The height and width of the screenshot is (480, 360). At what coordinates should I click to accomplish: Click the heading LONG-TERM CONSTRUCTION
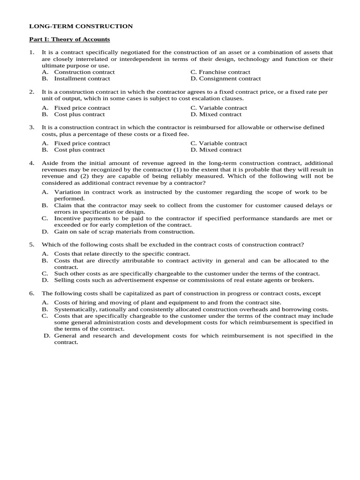click(x=81, y=26)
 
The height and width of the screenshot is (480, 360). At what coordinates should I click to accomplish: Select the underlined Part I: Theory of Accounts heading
click(x=69, y=39)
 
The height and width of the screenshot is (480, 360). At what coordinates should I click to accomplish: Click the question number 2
click(x=31, y=92)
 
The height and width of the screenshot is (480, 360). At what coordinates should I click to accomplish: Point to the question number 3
click(x=31, y=127)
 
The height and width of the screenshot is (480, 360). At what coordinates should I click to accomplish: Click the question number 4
click(x=31, y=163)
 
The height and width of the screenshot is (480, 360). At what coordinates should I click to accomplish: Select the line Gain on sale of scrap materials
click(x=124, y=232)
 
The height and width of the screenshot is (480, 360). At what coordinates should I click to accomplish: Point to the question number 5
click(x=31, y=245)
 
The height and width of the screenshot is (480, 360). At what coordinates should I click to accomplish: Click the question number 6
click(x=31, y=293)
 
